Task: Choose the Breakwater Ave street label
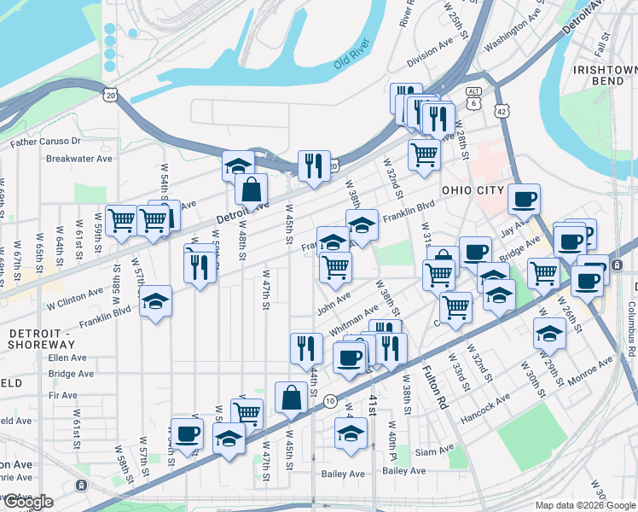79,158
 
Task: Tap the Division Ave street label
427,60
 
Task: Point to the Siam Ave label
436,450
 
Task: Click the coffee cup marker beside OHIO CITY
524,199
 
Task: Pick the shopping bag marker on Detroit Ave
252,189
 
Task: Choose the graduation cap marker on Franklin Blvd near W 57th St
155,301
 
